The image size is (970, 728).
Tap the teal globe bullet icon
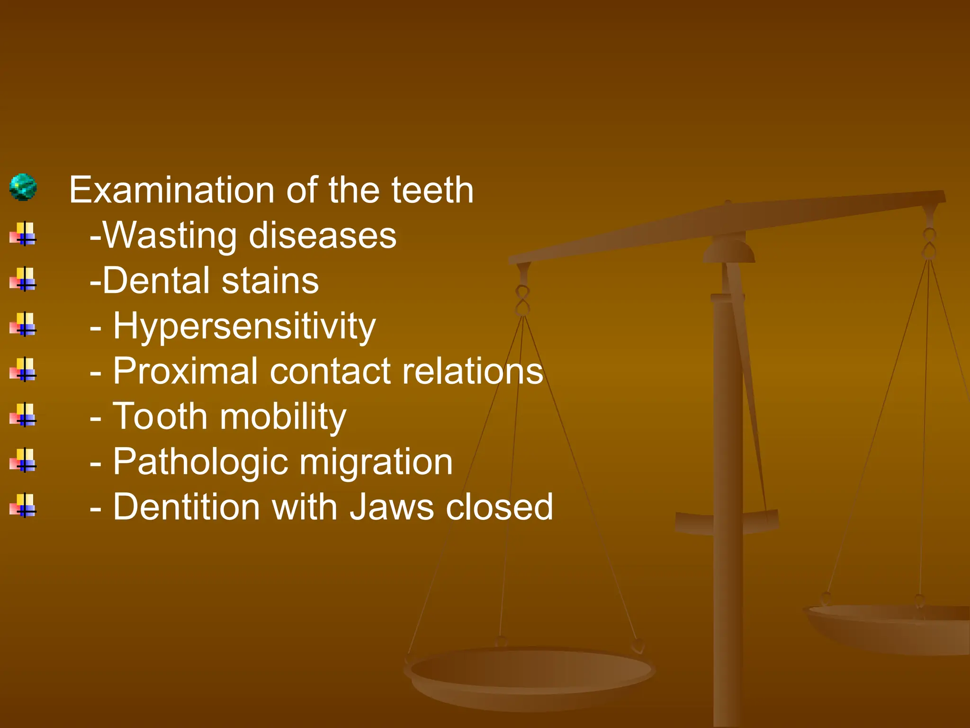[23, 187]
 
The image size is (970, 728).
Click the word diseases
[323, 235]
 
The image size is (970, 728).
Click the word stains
[270, 281]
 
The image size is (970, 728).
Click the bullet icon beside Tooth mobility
[23, 415]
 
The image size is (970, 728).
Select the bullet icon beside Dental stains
[23, 279]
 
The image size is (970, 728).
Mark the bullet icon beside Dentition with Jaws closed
[23, 506]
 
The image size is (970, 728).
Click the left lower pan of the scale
[530, 673]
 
